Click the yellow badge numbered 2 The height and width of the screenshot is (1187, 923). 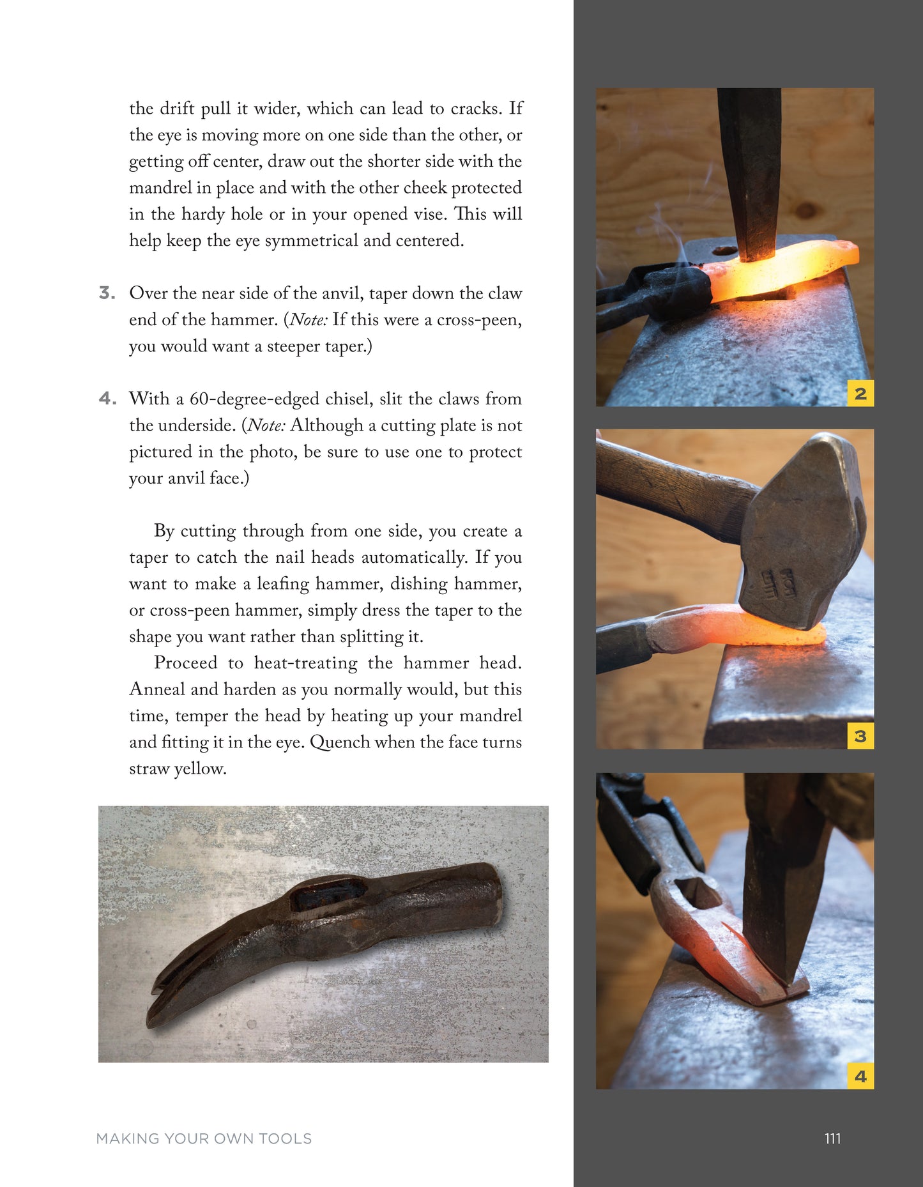860,394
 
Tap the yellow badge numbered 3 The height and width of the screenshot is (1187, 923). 860,736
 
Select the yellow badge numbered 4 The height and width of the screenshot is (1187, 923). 860,1076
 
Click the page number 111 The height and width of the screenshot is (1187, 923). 832,1138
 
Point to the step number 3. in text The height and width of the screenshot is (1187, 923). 107,293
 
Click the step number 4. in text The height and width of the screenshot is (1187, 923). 107,399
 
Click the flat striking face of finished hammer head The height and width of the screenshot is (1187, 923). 495,891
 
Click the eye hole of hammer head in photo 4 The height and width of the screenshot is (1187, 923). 698,892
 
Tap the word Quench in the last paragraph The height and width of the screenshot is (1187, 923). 340,742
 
